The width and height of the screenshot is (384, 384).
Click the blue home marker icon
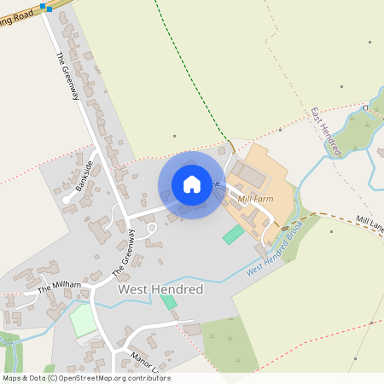click(192, 184)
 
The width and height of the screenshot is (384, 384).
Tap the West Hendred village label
click(160, 290)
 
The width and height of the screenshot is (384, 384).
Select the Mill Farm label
click(257, 199)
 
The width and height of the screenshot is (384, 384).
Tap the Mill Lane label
click(370, 226)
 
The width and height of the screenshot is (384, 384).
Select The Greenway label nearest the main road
click(67, 78)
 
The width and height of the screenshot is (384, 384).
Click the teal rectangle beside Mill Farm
click(233, 234)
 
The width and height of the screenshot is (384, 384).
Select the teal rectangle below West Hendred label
click(169, 301)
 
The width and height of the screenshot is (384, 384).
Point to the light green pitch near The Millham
click(83, 320)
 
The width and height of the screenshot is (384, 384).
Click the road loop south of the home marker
click(151, 228)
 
